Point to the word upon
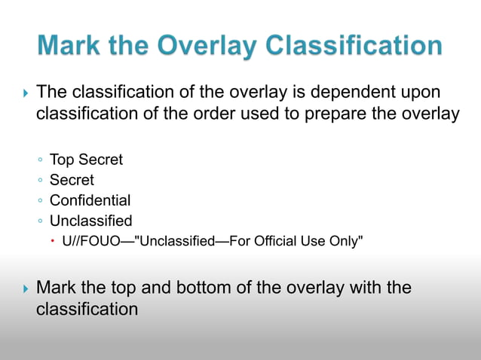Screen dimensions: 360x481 click(x=420, y=93)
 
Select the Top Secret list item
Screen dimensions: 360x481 click(x=86, y=160)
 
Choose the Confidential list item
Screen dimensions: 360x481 click(x=90, y=200)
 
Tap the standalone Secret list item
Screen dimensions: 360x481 click(x=72, y=180)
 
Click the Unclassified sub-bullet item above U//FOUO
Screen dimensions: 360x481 click(x=90, y=221)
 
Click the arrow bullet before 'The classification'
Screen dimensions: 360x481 click(x=26, y=93)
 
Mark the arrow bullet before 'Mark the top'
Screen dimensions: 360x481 click(x=26, y=288)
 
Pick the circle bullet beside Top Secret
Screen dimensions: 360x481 click(x=40, y=160)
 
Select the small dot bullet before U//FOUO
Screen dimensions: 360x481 click(x=55, y=242)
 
